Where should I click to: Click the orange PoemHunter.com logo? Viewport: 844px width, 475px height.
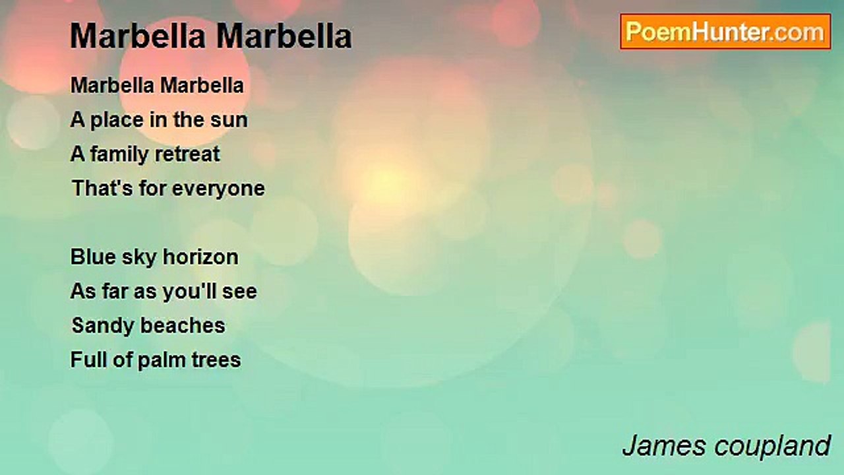coord(725,32)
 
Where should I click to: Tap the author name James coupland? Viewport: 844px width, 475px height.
coord(727,446)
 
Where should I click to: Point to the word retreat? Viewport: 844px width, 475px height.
coord(187,154)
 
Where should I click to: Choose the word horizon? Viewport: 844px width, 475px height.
coord(200,257)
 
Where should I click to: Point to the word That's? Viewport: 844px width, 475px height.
coord(102,188)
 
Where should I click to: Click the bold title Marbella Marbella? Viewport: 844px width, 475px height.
coord(211,36)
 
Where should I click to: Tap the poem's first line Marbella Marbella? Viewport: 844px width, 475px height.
coord(157,85)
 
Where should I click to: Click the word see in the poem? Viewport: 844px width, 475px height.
coord(239,292)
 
